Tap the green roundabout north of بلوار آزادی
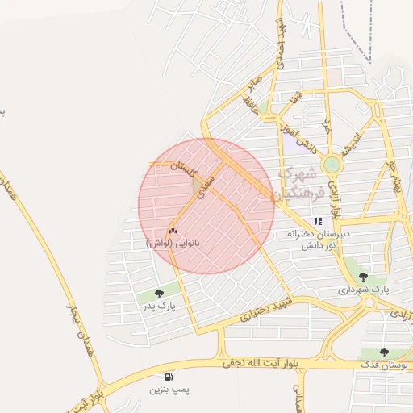[x=332, y=165]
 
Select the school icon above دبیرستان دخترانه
[x=319, y=220]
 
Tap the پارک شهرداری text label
[x=362, y=289]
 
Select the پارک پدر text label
[x=159, y=306]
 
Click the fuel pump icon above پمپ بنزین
[x=168, y=377]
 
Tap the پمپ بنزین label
[x=169, y=390]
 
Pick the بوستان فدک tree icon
[x=384, y=353]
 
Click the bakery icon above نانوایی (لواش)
[x=173, y=231]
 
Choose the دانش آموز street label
[x=295, y=135]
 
